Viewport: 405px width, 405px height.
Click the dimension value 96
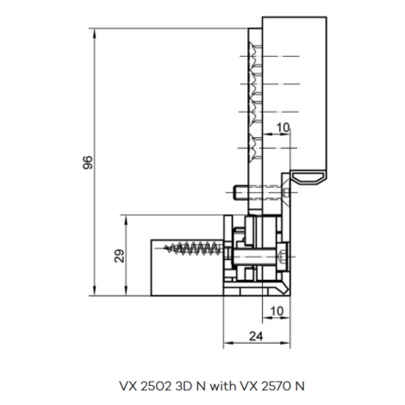click(88, 162)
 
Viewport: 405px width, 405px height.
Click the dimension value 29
click(120, 256)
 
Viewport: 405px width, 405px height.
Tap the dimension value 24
click(256, 336)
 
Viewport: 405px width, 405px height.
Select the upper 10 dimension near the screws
click(283, 128)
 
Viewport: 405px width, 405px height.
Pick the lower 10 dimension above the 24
click(277, 311)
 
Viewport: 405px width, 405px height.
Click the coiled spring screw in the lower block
click(193, 248)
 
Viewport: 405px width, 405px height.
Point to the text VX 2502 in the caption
click(145, 386)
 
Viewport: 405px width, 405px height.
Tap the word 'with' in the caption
click(223, 386)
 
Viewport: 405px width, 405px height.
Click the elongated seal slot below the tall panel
click(308, 178)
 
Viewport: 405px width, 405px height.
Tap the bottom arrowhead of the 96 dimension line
click(95, 290)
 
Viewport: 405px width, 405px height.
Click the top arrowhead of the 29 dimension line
click(126, 220)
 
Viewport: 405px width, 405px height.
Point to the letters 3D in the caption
click(183, 386)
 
